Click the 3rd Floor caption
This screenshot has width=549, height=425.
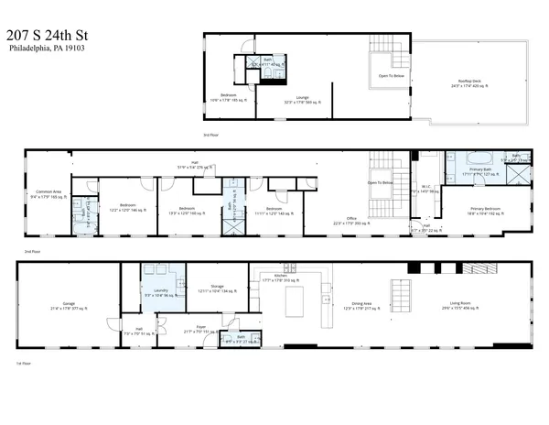pyautogui.click(x=210, y=135)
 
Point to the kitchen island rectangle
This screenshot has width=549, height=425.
pyautogui.click(x=296, y=299)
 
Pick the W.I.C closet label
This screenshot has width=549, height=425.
pyautogui.click(x=426, y=187)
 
